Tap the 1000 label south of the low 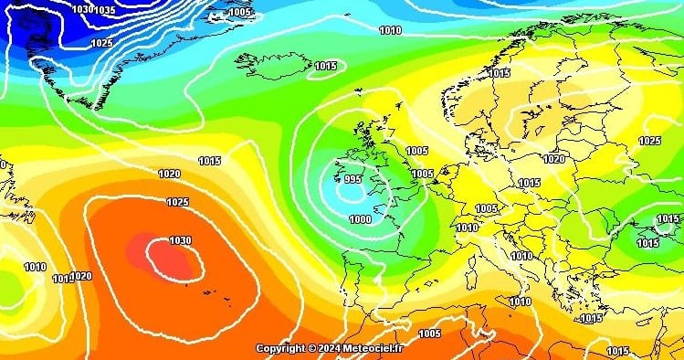[360, 219]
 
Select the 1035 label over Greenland [104, 10]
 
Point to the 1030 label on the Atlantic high [180, 240]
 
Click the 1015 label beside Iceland [326, 66]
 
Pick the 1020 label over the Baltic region [553, 158]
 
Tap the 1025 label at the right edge [649, 141]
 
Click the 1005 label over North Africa [429, 334]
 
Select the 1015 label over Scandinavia [499, 73]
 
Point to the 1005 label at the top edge [241, 12]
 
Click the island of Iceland [274, 65]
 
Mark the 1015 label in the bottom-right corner [617, 351]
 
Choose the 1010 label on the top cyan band [390, 30]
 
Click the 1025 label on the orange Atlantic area [177, 202]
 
